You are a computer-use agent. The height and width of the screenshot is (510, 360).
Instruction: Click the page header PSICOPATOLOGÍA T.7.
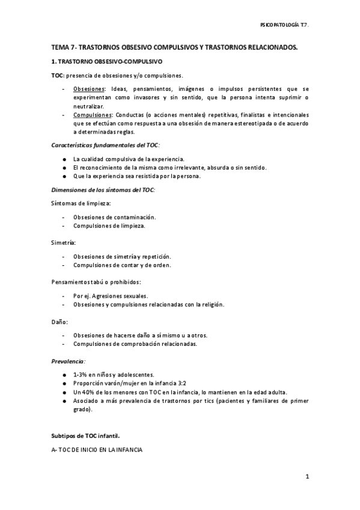[284, 26]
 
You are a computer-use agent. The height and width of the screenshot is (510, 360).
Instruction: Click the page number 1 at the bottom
[307, 477]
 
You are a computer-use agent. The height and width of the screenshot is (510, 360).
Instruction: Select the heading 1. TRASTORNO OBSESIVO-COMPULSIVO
[106, 61]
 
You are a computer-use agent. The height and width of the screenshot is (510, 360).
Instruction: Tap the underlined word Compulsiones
[92, 115]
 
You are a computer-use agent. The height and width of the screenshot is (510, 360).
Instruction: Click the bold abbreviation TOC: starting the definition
[57, 75]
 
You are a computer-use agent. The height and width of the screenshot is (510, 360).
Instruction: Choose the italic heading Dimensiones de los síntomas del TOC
[103, 190]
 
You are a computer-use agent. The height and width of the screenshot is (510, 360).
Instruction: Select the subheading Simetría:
[63, 242]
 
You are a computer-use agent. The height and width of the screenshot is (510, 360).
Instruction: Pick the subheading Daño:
[59, 322]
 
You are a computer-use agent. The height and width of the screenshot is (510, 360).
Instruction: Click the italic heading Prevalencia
[68, 361]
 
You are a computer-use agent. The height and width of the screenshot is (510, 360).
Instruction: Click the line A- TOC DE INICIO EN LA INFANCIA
[97, 449]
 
